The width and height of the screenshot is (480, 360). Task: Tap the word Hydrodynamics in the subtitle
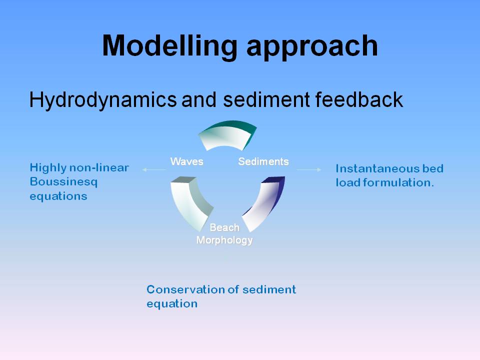(x=102, y=100)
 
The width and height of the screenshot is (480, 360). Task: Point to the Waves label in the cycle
(x=186, y=161)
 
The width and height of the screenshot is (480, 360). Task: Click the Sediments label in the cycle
(x=263, y=161)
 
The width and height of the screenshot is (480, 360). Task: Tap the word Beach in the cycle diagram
(x=224, y=227)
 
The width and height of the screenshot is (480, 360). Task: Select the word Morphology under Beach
(x=224, y=240)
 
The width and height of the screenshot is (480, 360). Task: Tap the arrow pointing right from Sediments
(x=309, y=169)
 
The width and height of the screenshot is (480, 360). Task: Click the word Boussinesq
(x=63, y=182)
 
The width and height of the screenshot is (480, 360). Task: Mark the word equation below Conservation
(x=172, y=303)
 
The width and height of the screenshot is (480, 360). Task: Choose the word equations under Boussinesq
(x=58, y=196)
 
